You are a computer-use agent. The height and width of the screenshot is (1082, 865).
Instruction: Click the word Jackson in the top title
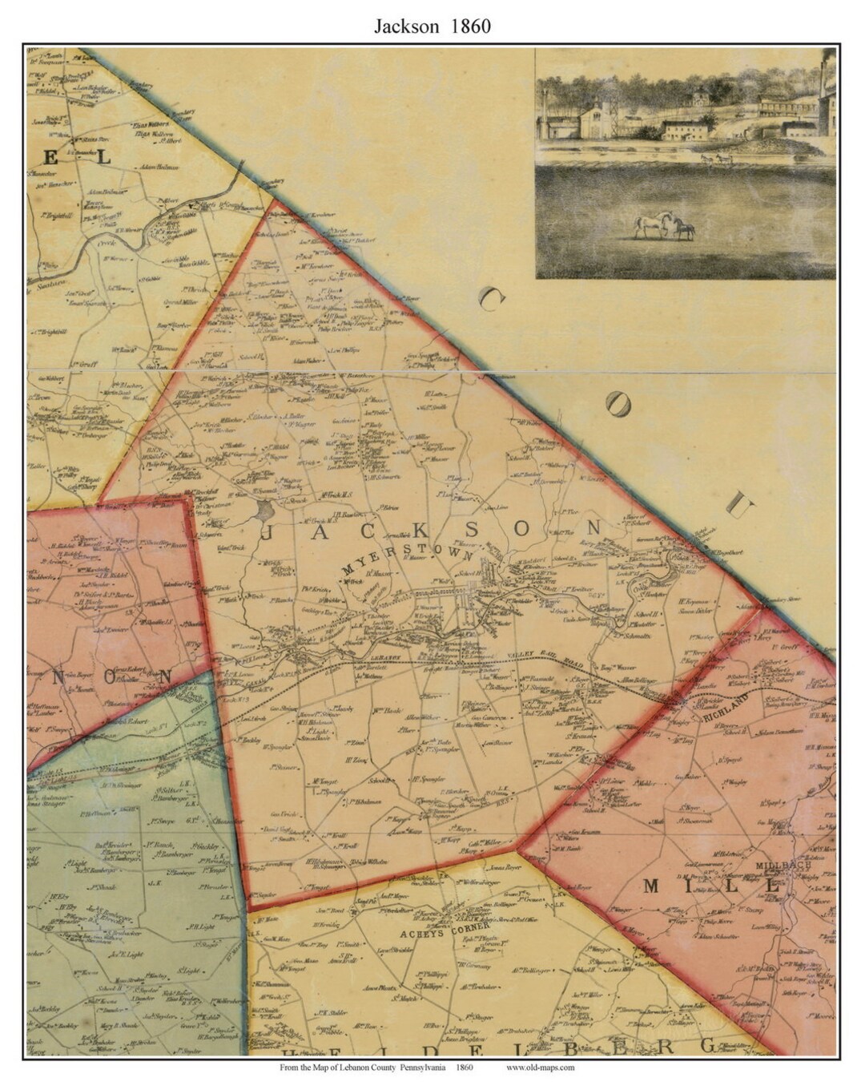405,26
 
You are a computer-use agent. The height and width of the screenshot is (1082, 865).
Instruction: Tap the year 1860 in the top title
471,26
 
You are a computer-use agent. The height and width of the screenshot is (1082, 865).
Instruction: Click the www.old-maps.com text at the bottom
540,1067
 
